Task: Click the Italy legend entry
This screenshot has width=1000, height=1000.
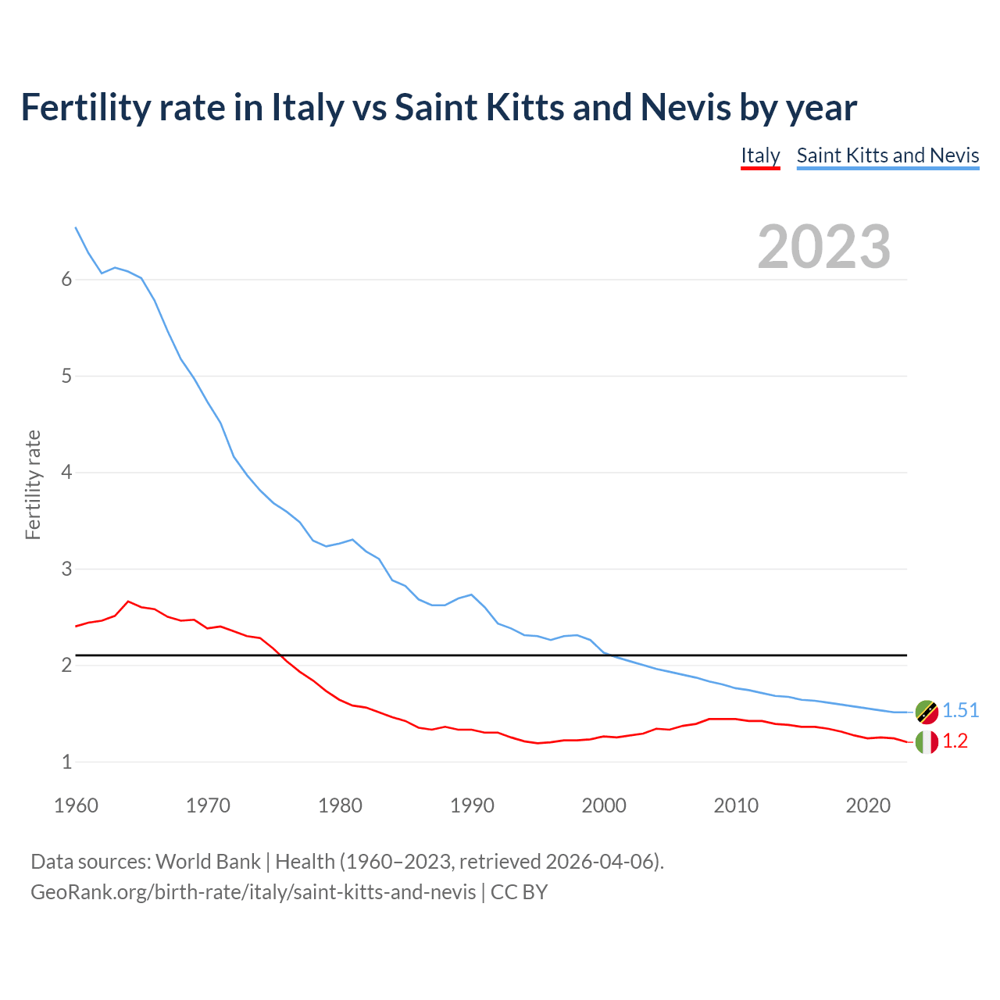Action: click(x=760, y=155)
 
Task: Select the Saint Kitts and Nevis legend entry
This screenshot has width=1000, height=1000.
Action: click(x=887, y=155)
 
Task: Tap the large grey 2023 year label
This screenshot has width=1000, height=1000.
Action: click(x=824, y=247)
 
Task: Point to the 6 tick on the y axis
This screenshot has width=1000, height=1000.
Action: click(x=66, y=280)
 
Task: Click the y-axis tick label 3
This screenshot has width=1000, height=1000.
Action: click(x=66, y=569)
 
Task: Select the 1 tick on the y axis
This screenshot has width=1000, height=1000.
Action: click(x=66, y=762)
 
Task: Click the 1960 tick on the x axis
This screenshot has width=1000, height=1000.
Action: click(x=76, y=805)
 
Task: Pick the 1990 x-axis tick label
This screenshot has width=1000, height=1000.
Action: click(x=472, y=805)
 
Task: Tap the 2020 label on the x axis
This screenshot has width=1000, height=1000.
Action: click(x=868, y=805)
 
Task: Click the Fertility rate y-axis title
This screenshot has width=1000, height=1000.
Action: click(x=33, y=484)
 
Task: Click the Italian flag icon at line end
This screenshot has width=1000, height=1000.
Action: click(x=927, y=742)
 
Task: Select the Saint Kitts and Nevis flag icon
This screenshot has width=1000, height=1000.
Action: click(x=927, y=712)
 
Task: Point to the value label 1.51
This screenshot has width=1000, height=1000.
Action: click(x=960, y=710)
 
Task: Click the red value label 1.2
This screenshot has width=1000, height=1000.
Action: click(x=955, y=741)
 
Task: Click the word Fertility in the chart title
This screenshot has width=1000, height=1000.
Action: click(x=84, y=107)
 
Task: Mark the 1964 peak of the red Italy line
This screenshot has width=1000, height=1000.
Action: click(x=128, y=602)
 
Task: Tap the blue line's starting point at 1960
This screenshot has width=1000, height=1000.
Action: click(x=76, y=227)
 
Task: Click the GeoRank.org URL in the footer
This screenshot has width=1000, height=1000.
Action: click(x=253, y=891)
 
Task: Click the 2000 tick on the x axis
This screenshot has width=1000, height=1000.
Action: click(x=604, y=805)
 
